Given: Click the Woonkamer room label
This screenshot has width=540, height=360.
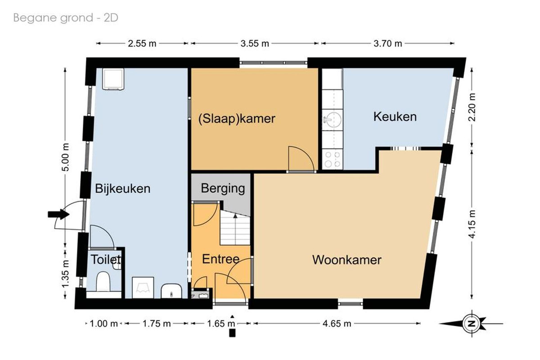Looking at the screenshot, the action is click(x=346, y=260).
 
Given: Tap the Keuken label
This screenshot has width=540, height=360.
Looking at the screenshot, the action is click(x=395, y=117).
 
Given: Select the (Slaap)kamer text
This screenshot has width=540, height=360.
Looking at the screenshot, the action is click(x=237, y=119).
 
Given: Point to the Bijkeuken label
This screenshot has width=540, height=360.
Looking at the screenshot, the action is click(x=122, y=189).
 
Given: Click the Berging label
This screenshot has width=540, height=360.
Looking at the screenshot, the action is click(x=223, y=189).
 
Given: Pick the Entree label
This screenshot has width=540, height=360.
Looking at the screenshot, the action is click(x=220, y=259).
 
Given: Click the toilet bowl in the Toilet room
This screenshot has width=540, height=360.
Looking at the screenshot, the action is click(x=103, y=281).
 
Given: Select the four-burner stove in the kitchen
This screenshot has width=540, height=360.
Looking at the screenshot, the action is click(x=332, y=160).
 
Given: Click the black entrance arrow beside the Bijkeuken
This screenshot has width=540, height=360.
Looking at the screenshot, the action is click(x=58, y=214).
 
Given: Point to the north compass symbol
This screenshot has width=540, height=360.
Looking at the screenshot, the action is click(x=472, y=324).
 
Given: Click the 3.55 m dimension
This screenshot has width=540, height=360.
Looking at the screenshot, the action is click(x=255, y=44).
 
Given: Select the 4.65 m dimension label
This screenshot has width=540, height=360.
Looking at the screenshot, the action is click(x=337, y=324).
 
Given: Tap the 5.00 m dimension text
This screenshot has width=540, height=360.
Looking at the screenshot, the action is click(x=66, y=157).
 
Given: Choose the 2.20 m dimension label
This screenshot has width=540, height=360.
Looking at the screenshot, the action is click(x=472, y=107).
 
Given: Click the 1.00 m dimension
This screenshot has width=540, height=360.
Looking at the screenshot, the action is click(x=103, y=324).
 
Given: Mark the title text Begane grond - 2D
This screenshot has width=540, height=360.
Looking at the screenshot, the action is click(x=66, y=18).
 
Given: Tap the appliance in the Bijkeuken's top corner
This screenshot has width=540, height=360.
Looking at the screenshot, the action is click(x=113, y=79).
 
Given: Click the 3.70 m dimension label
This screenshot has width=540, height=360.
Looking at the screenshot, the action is click(x=387, y=44).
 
